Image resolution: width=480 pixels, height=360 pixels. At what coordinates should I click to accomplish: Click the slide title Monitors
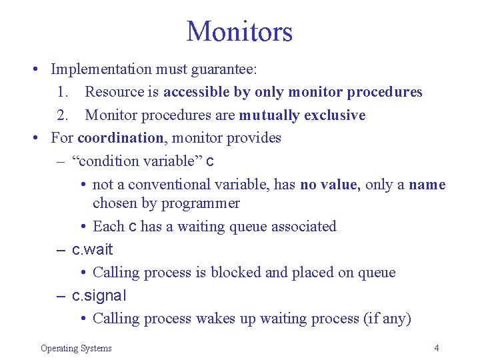pyautogui.click(x=239, y=31)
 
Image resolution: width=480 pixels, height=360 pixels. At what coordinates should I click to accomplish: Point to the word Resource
pyautogui.click(x=122, y=92)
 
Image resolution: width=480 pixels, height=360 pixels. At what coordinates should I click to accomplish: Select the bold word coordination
pyautogui.click(x=120, y=138)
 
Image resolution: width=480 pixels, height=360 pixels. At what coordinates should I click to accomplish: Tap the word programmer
pyautogui.click(x=202, y=203)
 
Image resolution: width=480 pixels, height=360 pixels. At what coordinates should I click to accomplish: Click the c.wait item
pyautogui.click(x=92, y=250)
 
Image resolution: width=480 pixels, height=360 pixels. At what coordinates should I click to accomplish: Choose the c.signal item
pyautogui.click(x=99, y=295)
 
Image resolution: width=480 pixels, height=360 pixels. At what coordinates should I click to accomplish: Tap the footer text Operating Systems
pyautogui.click(x=76, y=348)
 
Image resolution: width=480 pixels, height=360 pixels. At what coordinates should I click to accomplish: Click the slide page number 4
pyautogui.click(x=436, y=348)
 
